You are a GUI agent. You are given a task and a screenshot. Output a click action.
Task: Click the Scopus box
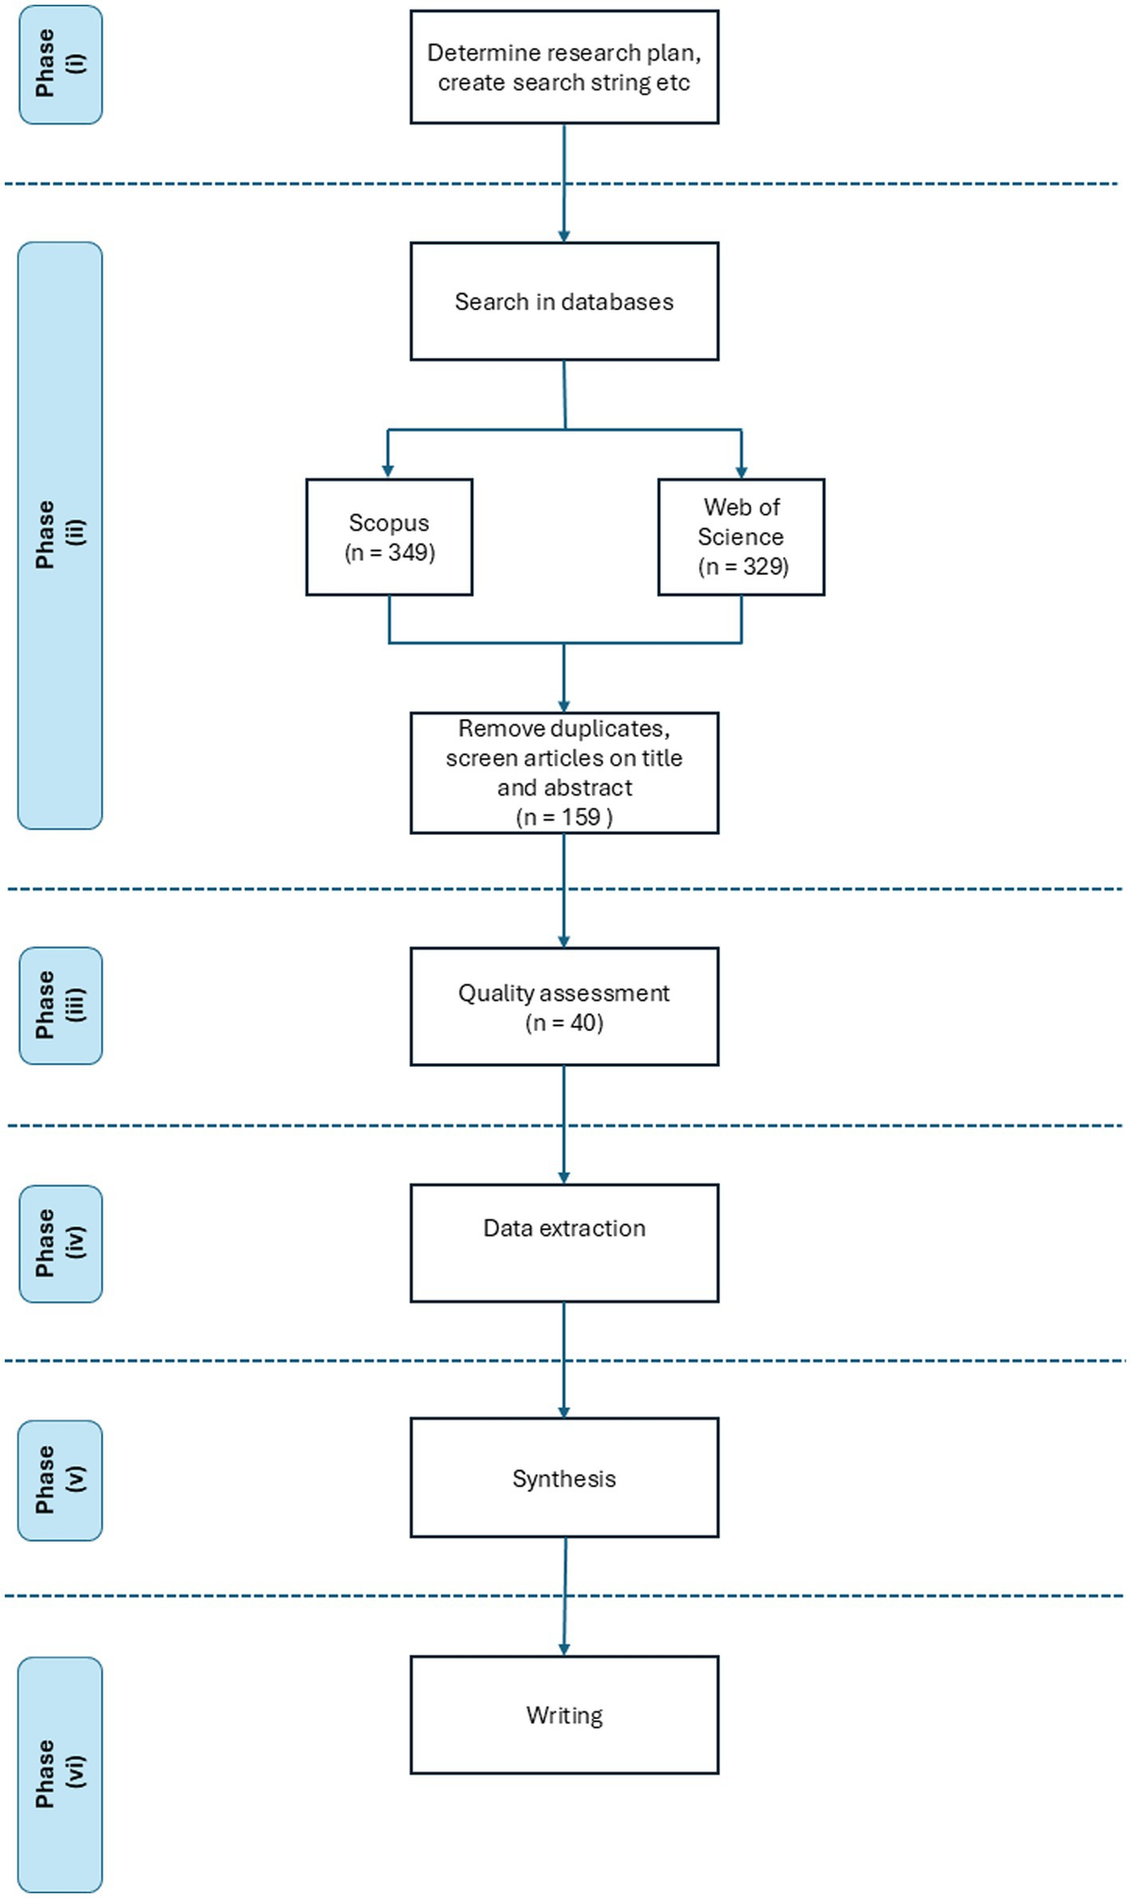[x=388, y=537]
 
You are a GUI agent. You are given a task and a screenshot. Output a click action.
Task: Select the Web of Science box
[x=741, y=537]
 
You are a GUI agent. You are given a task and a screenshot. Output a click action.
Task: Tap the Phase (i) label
[x=60, y=64]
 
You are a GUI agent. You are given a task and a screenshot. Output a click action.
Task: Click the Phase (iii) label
[x=60, y=1006]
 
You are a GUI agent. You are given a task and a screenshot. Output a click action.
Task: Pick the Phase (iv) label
[x=60, y=1244]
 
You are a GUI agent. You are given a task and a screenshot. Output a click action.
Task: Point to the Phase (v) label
[x=60, y=1481]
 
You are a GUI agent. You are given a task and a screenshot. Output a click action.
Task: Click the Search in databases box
[x=564, y=302]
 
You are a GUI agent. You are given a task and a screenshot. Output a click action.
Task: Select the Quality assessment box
[x=564, y=1006]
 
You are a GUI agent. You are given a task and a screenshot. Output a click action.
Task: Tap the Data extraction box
[x=564, y=1243]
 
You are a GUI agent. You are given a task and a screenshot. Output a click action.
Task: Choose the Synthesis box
[x=564, y=1478]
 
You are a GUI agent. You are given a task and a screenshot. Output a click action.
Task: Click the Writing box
[x=564, y=1715]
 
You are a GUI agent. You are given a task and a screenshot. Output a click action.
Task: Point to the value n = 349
[x=390, y=552]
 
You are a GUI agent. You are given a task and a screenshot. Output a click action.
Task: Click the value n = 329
[x=744, y=566]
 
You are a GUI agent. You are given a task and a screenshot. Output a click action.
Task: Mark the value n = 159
[x=565, y=817]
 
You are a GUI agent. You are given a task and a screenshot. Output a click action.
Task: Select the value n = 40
[x=565, y=1023]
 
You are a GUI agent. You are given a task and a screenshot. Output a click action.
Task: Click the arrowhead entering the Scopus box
[x=387, y=471]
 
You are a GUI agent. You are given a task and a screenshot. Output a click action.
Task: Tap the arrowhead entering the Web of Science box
[x=742, y=471]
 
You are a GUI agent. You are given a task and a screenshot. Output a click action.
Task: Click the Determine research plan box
[x=564, y=67]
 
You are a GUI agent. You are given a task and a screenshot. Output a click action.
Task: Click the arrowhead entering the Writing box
[x=564, y=1648]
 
